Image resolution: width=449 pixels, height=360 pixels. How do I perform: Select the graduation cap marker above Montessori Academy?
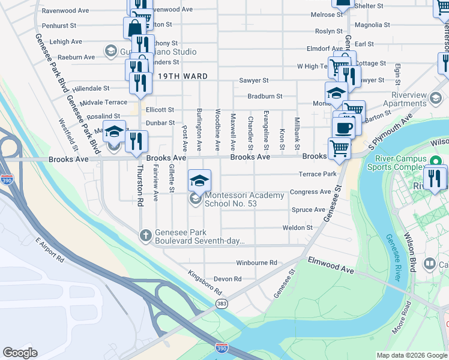200,179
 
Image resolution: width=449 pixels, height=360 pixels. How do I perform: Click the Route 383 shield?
222,304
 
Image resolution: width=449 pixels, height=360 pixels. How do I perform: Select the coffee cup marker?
344,128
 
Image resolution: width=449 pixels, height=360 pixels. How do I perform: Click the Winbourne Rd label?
256,263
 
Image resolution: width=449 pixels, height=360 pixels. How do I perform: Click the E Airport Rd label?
49,250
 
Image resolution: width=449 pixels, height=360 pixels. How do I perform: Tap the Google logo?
20,353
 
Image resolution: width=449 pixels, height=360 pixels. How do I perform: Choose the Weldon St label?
301,228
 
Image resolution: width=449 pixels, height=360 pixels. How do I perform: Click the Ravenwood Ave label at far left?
69,11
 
